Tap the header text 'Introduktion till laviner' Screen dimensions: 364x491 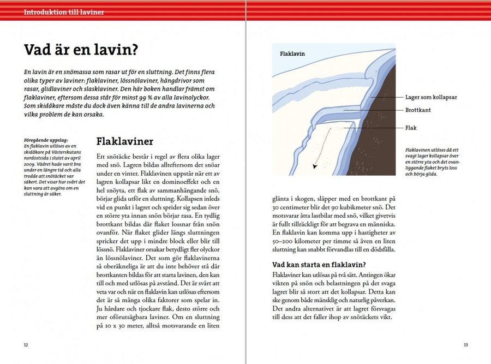[x=64, y=11]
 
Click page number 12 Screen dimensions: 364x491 [x=26, y=345]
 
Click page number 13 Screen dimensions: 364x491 [x=465, y=345]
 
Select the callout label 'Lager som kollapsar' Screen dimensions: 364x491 [x=431, y=97]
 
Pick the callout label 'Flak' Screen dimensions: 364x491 [x=411, y=128]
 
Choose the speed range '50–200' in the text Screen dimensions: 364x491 [x=284, y=241]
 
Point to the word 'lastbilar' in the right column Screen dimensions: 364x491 [x=318, y=223]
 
